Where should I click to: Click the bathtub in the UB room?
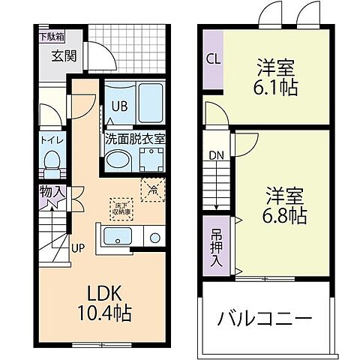[148, 103]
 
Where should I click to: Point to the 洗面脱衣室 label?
[135, 139]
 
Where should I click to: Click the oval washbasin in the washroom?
[118, 160]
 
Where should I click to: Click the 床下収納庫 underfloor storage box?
[120, 207]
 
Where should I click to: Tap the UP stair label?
[77, 246]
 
